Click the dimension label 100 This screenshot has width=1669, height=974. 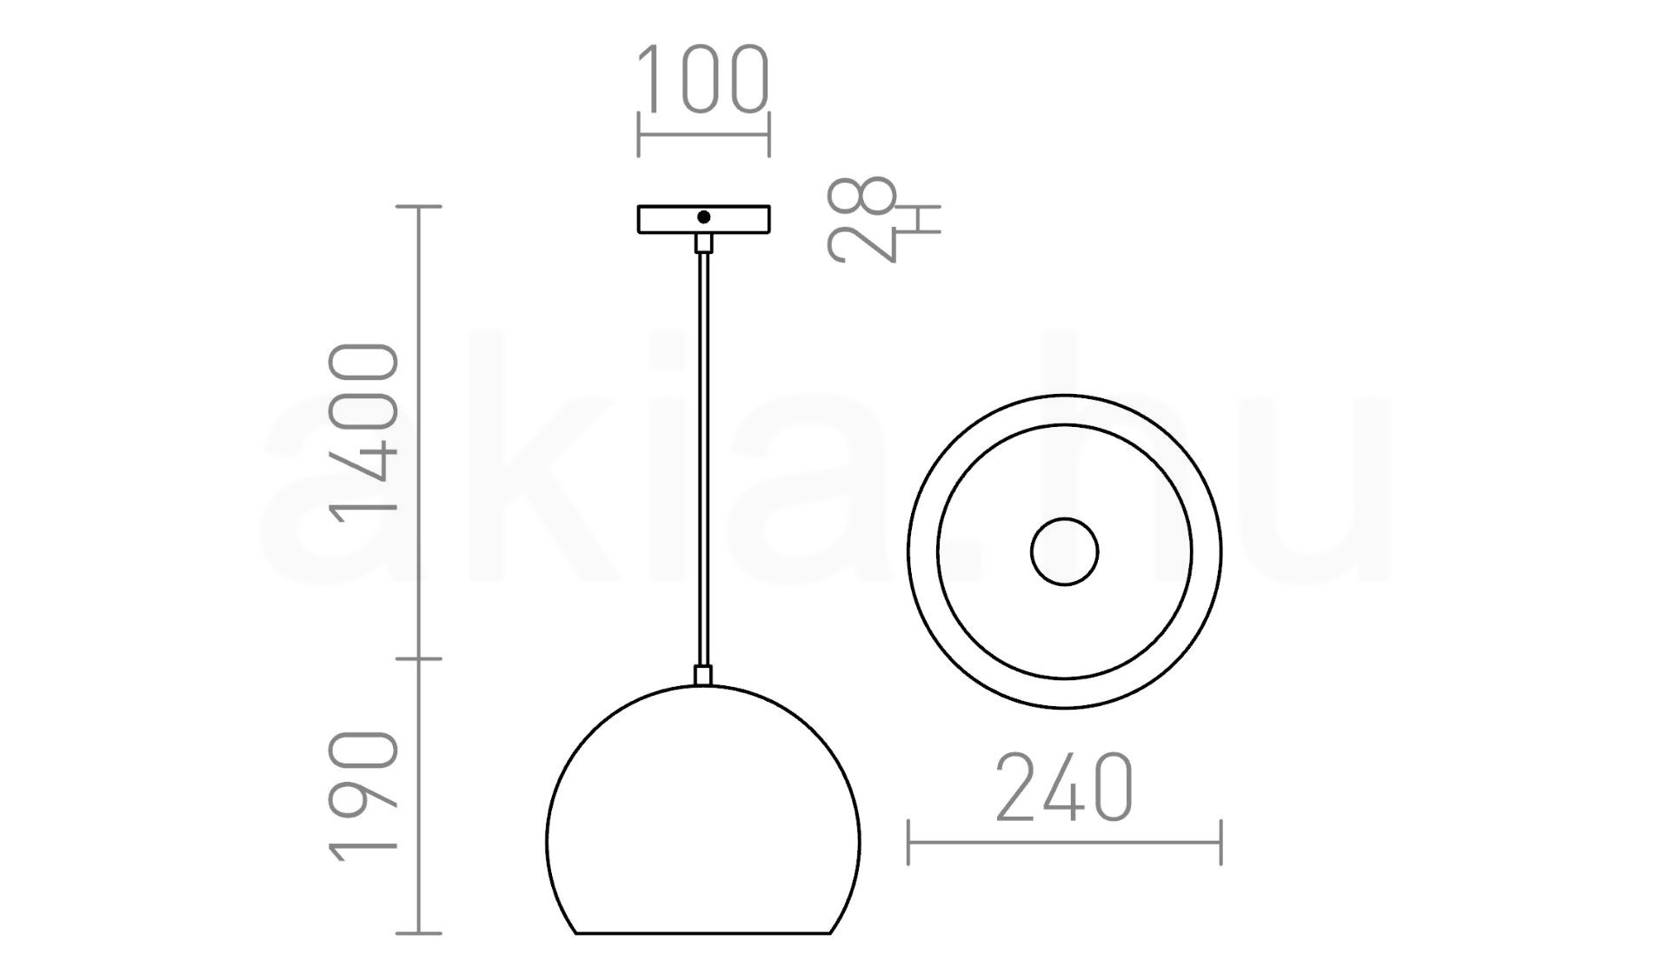pos(703,80)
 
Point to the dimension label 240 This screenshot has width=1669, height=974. pos(1064,788)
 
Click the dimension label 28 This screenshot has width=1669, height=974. pos(861,219)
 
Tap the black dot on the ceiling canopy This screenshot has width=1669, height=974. pos(704,217)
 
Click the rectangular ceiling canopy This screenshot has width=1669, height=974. pos(704,219)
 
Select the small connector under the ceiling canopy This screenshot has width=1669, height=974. pos(704,243)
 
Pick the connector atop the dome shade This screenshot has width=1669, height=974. pos(704,676)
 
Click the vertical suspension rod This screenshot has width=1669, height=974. pos(704,459)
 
